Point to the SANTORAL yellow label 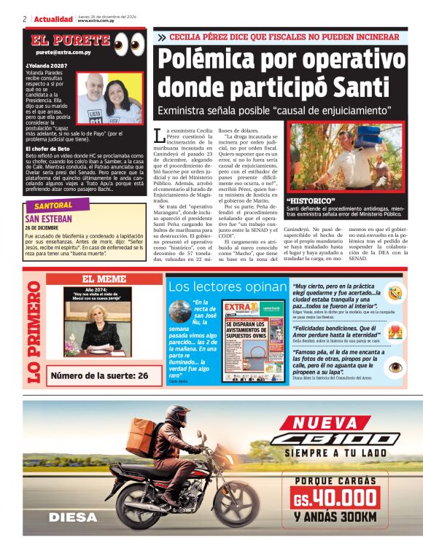[x=59, y=206]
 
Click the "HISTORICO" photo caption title [x=311, y=200]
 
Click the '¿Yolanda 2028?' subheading [x=44, y=65]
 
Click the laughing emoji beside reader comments [x=395, y=293]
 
